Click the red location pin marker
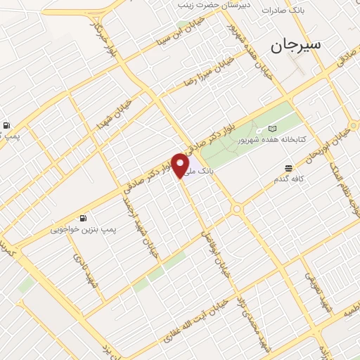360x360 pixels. coord(181,165)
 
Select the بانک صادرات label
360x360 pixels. coord(283,11)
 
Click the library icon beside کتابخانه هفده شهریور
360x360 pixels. coord(273,129)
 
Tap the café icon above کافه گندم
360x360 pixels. coord(289,167)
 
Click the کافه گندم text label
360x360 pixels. coord(289,180)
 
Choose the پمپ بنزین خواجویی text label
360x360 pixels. coord(79,229)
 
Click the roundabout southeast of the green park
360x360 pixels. coord(237,208)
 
